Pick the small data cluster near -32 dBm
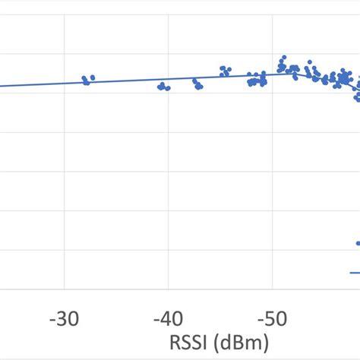88,79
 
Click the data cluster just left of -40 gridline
163,87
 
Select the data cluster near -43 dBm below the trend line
197,85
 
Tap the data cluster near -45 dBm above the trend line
225,71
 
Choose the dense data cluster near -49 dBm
257,80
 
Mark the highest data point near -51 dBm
283,58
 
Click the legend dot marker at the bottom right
358,243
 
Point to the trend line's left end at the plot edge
2,86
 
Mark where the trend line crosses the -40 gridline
168,80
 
